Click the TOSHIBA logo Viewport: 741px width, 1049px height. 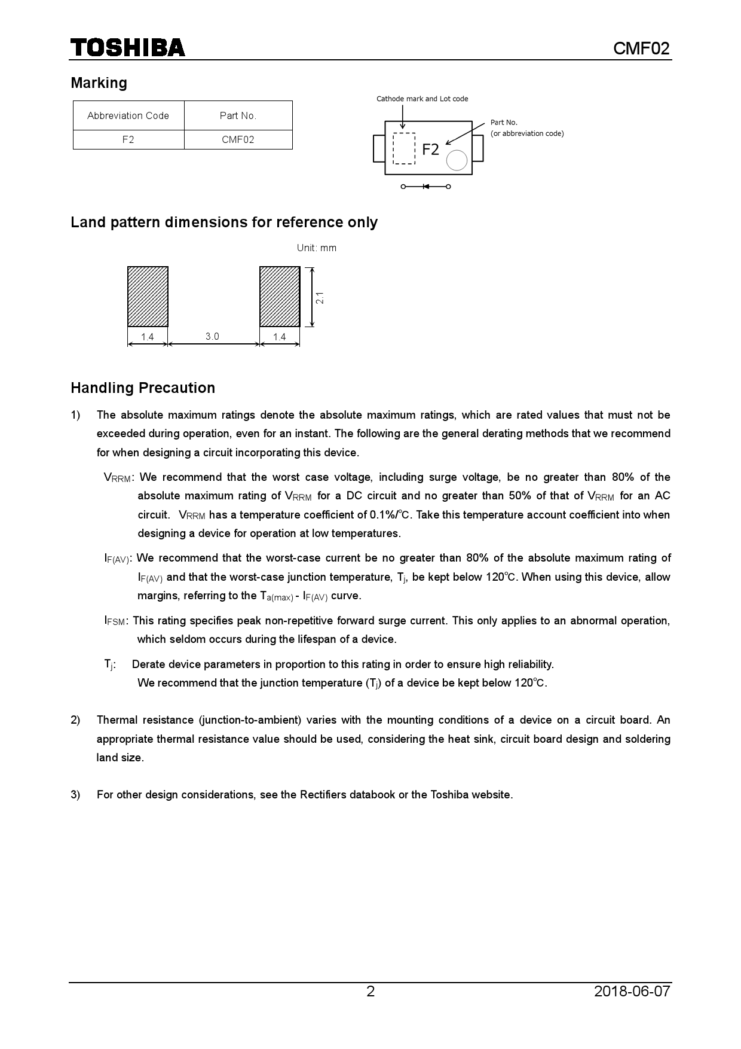[128, 48]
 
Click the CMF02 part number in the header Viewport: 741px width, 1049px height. [641, 48]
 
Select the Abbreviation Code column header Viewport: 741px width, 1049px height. [128, 115]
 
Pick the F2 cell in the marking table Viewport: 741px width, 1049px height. [128, 139]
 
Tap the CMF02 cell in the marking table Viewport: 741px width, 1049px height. [238, 139]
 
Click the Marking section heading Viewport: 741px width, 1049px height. [99, 83]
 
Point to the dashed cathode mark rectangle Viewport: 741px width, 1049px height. [404, 148]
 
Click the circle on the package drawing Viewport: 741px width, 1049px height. [457, 160]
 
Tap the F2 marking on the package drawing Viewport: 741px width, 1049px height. [430, 150]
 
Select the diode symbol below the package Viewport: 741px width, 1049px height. [426, 187]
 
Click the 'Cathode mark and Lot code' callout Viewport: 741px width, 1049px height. [422, 99]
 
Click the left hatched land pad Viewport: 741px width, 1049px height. [148, 297]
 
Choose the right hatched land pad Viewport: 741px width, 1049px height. [280, 297]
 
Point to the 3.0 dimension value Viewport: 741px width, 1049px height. [212, 337]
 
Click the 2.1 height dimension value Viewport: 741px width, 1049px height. [320, 297]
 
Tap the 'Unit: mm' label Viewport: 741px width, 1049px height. [317, 248]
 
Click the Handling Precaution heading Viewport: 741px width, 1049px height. [143, 388]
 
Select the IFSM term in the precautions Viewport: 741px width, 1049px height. [115, 621]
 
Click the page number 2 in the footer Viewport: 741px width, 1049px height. [370, 992]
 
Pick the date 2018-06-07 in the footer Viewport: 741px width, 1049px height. [632, 992]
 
